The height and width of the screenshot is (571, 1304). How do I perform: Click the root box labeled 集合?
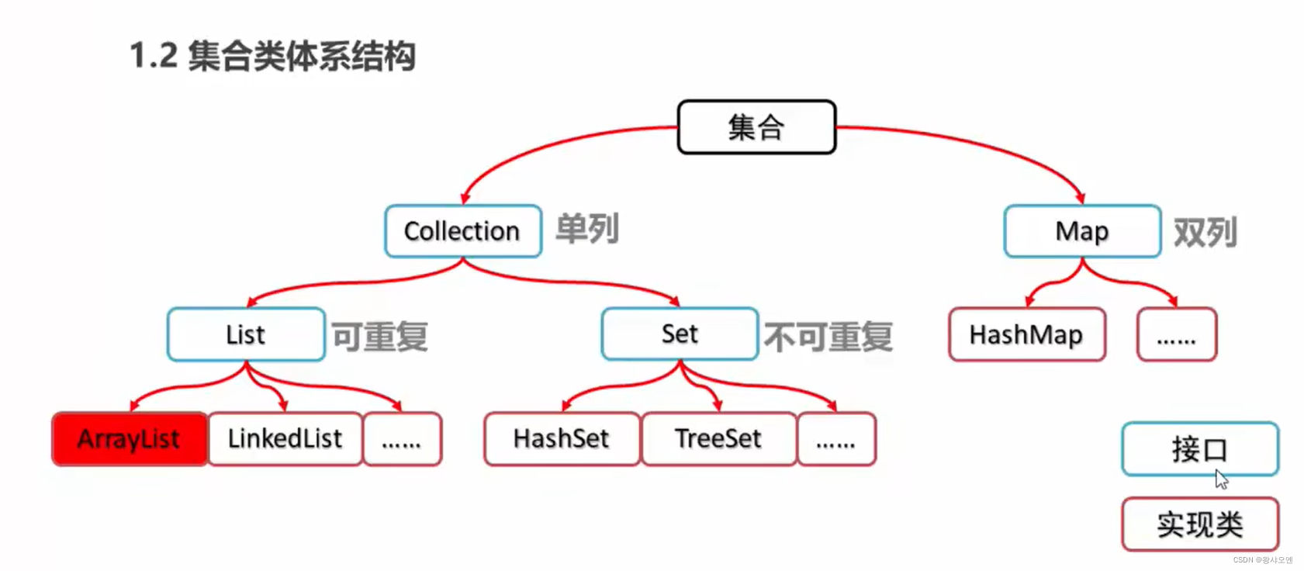(756, 127)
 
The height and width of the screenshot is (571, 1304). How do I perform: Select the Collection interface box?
(462, 231)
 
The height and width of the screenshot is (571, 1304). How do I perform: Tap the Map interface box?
(1082, 231)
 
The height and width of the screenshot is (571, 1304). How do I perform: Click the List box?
(246, 334)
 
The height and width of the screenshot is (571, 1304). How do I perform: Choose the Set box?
(680, 334)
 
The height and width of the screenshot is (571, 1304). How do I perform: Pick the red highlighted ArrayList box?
(130, 439)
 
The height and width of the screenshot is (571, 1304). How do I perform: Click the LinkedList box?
(285, 439)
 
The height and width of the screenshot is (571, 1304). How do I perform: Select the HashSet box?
(562, 439)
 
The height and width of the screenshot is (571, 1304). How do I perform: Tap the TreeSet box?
(718, 439)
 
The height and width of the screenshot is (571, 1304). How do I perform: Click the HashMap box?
(1026, 334)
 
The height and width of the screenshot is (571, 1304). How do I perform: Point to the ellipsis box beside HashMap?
(1176, 334)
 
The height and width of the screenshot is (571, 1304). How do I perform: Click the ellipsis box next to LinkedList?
(402, 439)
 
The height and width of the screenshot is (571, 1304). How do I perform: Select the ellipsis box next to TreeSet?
(836, 439)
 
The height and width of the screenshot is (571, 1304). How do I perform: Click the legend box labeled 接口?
(1199, 449)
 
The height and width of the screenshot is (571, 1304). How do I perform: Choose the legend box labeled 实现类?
(1199, 524)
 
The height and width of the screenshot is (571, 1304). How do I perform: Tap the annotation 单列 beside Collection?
(587, 229)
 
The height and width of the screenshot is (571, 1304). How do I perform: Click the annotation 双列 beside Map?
(1205, 232)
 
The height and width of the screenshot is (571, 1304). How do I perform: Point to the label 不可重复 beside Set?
(828, 337)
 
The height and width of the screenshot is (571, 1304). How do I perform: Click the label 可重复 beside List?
(380, 337)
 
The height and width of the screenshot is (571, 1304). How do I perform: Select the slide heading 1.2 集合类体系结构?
(272, 56)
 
